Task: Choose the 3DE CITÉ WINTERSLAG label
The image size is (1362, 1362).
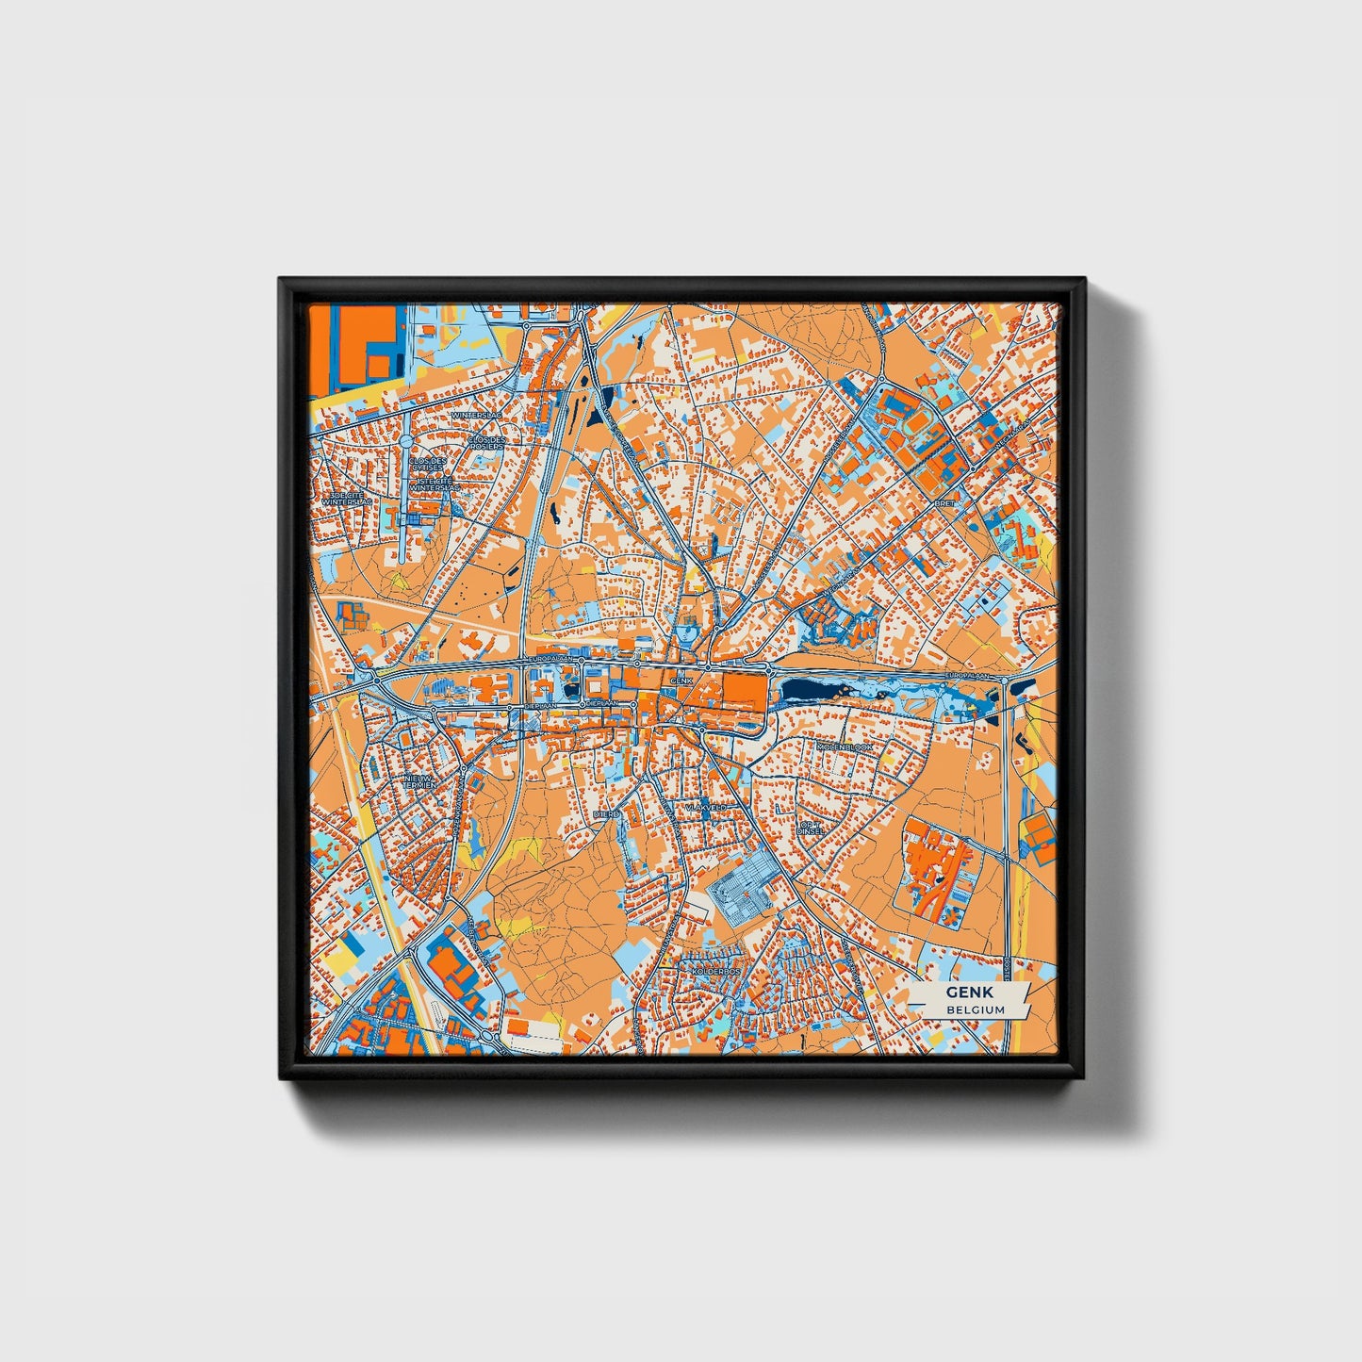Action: pos(347,499)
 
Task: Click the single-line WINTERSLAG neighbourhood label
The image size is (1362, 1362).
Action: pos(476,414)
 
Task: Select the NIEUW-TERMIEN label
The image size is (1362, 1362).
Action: pos(416,779)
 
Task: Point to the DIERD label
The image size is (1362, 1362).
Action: pos(605,812)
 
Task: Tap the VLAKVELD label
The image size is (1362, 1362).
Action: pos(706,808)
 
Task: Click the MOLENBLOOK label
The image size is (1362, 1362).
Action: pos(845,747)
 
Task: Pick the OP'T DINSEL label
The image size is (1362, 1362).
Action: pos(811,829)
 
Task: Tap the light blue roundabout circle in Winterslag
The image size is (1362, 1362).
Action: pos(406,440)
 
